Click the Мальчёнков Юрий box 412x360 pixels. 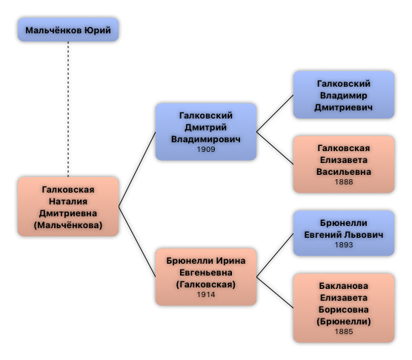(x=68, y=30)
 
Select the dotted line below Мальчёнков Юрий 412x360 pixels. (x=68, y=109)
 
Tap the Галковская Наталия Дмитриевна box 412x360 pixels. (x=68, y=207)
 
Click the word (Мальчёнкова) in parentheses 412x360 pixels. (x=68, y=225)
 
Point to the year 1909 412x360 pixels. (x=206, y=149)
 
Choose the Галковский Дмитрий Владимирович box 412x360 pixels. (x=206, y=132)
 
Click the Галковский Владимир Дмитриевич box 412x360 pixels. (x=344, y=95)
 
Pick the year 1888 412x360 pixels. (x=344, y=181)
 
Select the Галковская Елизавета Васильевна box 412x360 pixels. (x=344, y=164)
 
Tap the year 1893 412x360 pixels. (x=344, y=244)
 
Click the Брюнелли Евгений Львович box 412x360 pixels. (x=344, y=233)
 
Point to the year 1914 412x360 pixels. (x=206, y=294)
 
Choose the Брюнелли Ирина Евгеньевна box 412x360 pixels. (x=206, y=277)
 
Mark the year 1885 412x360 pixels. (x=344, y=331)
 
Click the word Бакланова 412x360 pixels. (x=344, y=286)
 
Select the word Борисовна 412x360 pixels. (x=344, y=310)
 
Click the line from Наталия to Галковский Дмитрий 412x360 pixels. (x=137, y=169)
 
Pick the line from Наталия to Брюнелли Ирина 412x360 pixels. (x=137, y=241)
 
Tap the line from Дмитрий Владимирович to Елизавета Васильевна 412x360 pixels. (x=275, y=148)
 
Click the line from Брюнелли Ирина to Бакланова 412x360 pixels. (x=275, y=293)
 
